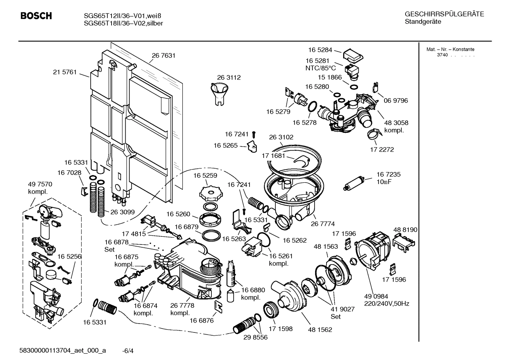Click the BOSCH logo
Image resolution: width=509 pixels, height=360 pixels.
(x=36, y=16)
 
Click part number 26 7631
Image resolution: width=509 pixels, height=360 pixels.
(x=163, y=55)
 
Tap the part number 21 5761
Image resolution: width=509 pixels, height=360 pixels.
(x=65, y=72)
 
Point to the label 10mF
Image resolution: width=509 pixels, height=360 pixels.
(x=384, y=182)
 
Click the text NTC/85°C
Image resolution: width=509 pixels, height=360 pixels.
(x=321, y=68)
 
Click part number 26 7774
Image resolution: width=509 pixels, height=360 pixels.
(x=323, y=224)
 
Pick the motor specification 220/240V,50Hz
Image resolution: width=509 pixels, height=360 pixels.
(x=387, y=303)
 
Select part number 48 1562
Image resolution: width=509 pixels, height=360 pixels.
(x=320, y=330)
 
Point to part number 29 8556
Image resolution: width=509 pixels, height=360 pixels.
(x=256, y=337)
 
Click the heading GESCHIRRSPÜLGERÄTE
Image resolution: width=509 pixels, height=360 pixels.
(x=444, y=14)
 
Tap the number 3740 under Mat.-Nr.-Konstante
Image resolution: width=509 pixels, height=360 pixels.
(x=442, y=55)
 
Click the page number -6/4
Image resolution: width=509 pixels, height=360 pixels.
(x=127, y=351)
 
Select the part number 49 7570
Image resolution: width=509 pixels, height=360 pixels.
(x=40, y=184)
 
